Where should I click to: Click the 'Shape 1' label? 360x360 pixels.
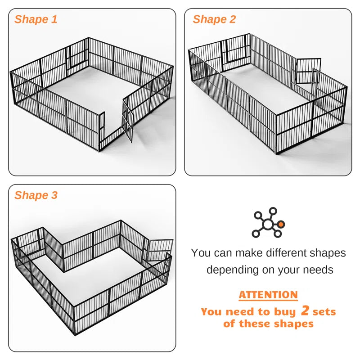tap(36, 19)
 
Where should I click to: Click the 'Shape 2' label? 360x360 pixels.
tap(214, 19)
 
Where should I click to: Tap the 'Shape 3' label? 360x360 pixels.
tap(36, 195)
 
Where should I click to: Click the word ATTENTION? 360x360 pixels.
tap(268, 295)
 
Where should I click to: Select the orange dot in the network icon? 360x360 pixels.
tap(281, 224)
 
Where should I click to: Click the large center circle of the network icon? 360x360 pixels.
tap(269, 224)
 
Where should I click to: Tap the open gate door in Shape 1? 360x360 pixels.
tap(128, 120)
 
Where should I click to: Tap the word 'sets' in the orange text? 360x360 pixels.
tap(324, 311)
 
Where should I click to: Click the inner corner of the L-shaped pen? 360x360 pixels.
tap(64, 270)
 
